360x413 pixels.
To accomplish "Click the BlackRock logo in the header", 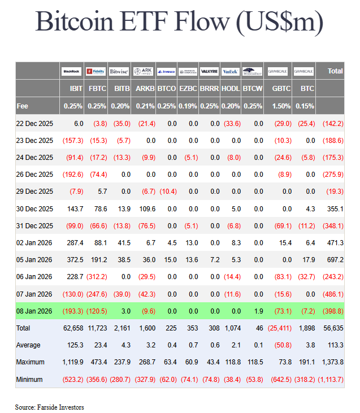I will click(72, 71).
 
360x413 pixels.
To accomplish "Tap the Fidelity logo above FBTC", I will click(96, 71).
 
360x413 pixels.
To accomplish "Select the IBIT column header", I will click(76, 89).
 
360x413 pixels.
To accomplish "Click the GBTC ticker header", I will click(281, 89).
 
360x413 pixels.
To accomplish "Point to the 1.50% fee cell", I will click(281, 106).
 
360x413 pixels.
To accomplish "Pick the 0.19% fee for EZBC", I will click(188, 106).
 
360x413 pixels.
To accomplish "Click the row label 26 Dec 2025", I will click(34, 175).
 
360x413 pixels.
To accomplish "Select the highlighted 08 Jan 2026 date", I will click(34, 311).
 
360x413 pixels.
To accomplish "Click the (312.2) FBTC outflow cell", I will click(97, 277).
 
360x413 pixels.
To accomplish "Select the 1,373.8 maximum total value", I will click(332, 362).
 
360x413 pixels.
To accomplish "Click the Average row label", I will click(28, 345).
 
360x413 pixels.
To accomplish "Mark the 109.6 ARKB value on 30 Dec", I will click(145, 208).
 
